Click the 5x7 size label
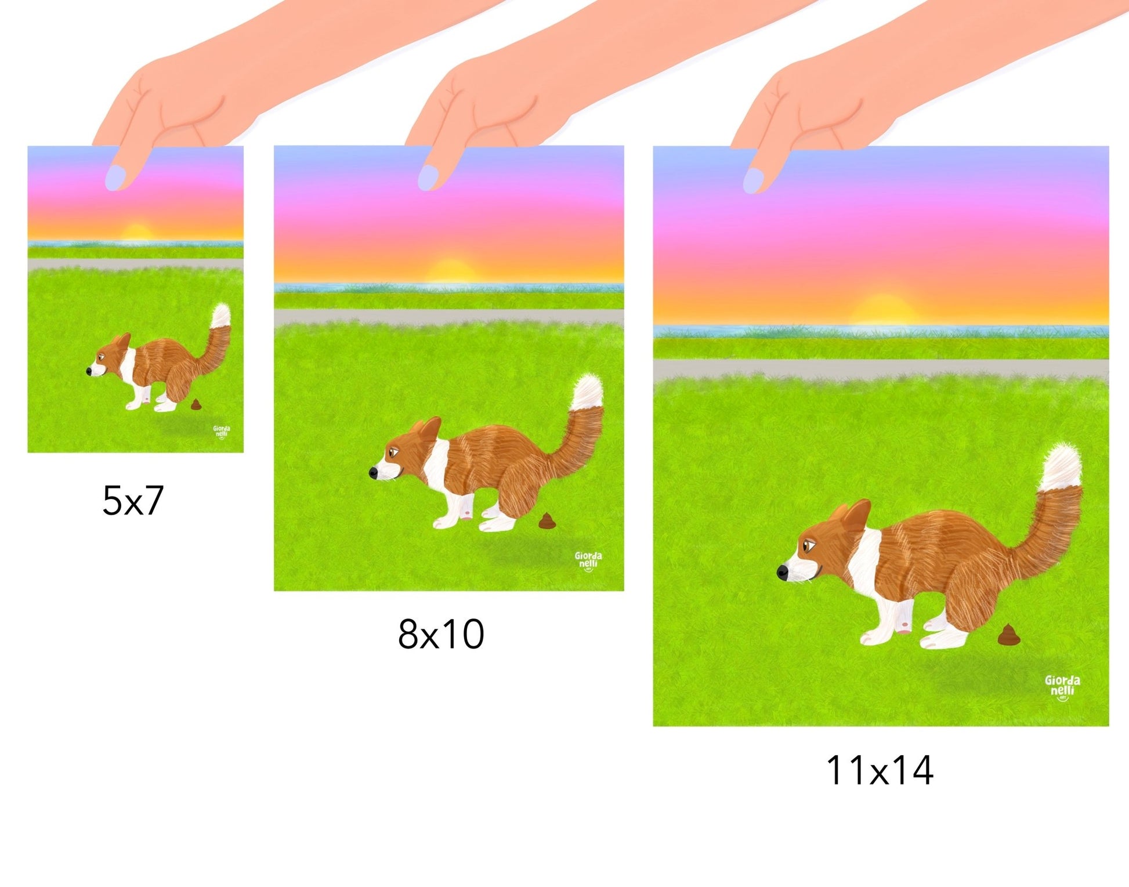[133, 500]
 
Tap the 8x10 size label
[441, 633]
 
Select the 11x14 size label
[880, 770]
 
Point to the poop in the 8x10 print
[548, 521]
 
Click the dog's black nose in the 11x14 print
[783, 572]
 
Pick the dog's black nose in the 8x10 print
[374, 473]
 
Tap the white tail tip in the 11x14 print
[1061, 468]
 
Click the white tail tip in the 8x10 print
[588, 393]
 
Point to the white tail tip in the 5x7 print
[221, 315]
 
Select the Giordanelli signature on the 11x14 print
[1062, 687]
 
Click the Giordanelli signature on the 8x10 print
[588, 561]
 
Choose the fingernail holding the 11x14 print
[754, 180]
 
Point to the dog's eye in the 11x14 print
[808, 545]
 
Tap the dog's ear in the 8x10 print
[430, 429]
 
